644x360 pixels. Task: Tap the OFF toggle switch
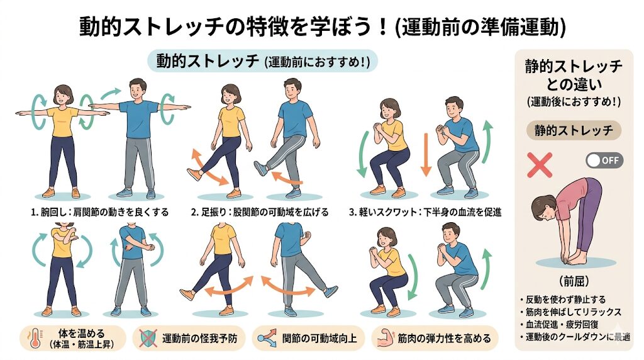click(604, 160)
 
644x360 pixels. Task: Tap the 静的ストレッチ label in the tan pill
click(574, 131)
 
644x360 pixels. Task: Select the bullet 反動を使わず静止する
click(565, 299)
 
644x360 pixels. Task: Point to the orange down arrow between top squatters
click(426, 154)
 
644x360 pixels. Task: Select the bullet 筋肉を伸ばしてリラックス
click(571, 312)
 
